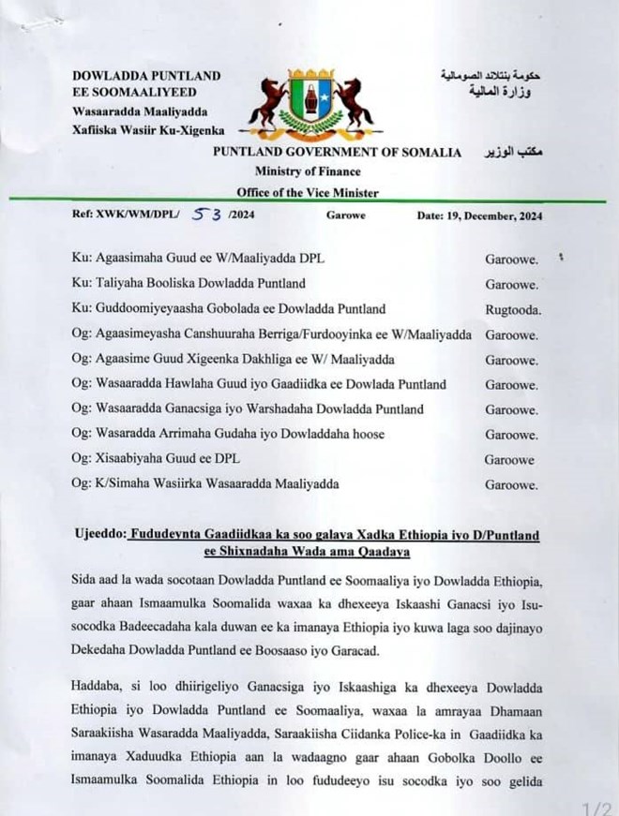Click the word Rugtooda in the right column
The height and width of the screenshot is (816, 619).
click(x=511, y=307)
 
